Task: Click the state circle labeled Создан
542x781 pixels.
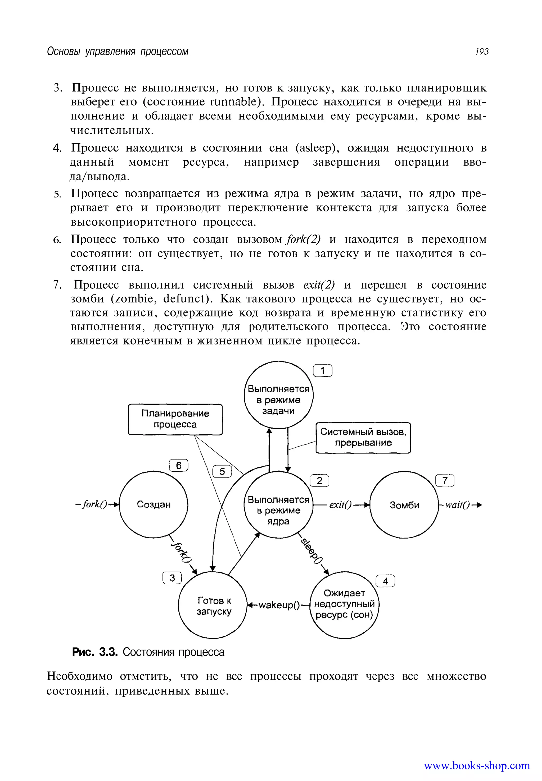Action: [153, 504]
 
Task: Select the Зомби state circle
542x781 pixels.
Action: [404, 505]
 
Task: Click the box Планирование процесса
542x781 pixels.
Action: [175, 419]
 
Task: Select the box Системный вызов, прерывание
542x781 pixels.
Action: [363, 437]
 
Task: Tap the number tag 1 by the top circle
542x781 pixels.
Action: [323, 370]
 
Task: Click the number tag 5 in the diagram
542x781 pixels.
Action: [222, 471]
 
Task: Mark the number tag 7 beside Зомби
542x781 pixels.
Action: [445, 480]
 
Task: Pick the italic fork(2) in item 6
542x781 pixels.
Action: [304, 240]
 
